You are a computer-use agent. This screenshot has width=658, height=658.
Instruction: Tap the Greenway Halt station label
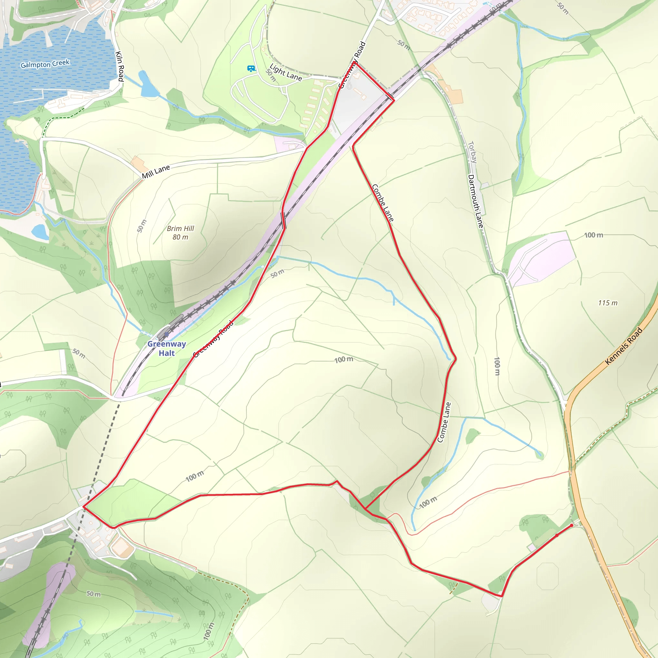pos(166,348)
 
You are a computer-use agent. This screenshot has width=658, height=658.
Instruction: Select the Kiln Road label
pos(120,66)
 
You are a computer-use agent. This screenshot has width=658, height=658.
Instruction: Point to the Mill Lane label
pos(156,172)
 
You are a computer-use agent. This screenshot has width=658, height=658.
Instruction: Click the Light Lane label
pos(285,72)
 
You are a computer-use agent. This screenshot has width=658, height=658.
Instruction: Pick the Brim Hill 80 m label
pos(180,233)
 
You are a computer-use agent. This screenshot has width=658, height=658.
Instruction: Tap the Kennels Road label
pos(624,346)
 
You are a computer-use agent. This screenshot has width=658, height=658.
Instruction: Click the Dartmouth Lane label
pos(476,201)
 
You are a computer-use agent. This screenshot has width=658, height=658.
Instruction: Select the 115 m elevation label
pos(608,303)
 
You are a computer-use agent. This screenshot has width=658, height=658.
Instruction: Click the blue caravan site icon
pos(251,69)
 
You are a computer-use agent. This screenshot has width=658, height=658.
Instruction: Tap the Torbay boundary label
pos(472,152)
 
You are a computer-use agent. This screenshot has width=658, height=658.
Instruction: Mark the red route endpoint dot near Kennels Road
pos(572,526)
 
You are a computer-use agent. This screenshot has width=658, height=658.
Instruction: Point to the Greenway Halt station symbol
pos(166,334)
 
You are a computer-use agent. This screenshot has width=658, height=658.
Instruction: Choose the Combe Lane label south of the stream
pos(444,422)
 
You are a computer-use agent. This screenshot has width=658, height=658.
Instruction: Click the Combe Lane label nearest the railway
pos(382,203)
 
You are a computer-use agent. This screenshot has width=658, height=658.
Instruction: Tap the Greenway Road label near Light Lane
pos(353,65)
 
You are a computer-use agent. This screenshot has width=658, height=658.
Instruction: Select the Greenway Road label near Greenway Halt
pos(214,339)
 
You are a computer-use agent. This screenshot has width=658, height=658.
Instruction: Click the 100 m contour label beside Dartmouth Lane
pos(497,366)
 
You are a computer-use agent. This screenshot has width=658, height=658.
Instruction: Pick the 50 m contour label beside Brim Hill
pos(142,226)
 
